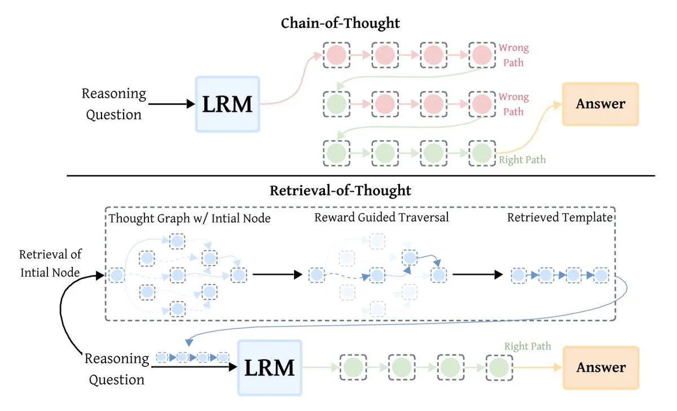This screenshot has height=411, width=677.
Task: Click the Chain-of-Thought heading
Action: [340, 23]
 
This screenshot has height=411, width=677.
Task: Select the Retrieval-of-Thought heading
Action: [340, 190]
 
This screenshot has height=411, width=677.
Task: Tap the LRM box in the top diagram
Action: [227, 104]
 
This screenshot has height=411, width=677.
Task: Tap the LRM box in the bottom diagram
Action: [270, 368]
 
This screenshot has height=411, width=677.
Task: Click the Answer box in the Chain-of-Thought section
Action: [600, 104]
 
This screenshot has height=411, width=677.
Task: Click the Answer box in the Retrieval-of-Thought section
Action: [600, 368]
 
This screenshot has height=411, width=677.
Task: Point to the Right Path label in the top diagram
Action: [522, 160]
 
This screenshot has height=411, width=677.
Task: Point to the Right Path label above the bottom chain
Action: [527, 346]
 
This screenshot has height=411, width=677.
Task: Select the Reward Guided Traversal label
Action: [382, 217]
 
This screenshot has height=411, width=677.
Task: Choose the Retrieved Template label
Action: [560, 217]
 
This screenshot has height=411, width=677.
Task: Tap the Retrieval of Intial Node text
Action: [50, 263]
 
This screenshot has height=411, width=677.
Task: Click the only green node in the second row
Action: [337, 104]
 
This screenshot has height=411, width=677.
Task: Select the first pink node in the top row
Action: [337, 55]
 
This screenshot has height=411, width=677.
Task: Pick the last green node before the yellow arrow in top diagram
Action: [482, 152]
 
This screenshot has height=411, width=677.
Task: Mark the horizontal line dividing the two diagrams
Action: [361, 176]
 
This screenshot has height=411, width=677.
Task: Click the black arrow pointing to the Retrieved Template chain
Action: [477, 275]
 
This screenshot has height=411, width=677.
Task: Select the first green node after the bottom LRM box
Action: [353, 368]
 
